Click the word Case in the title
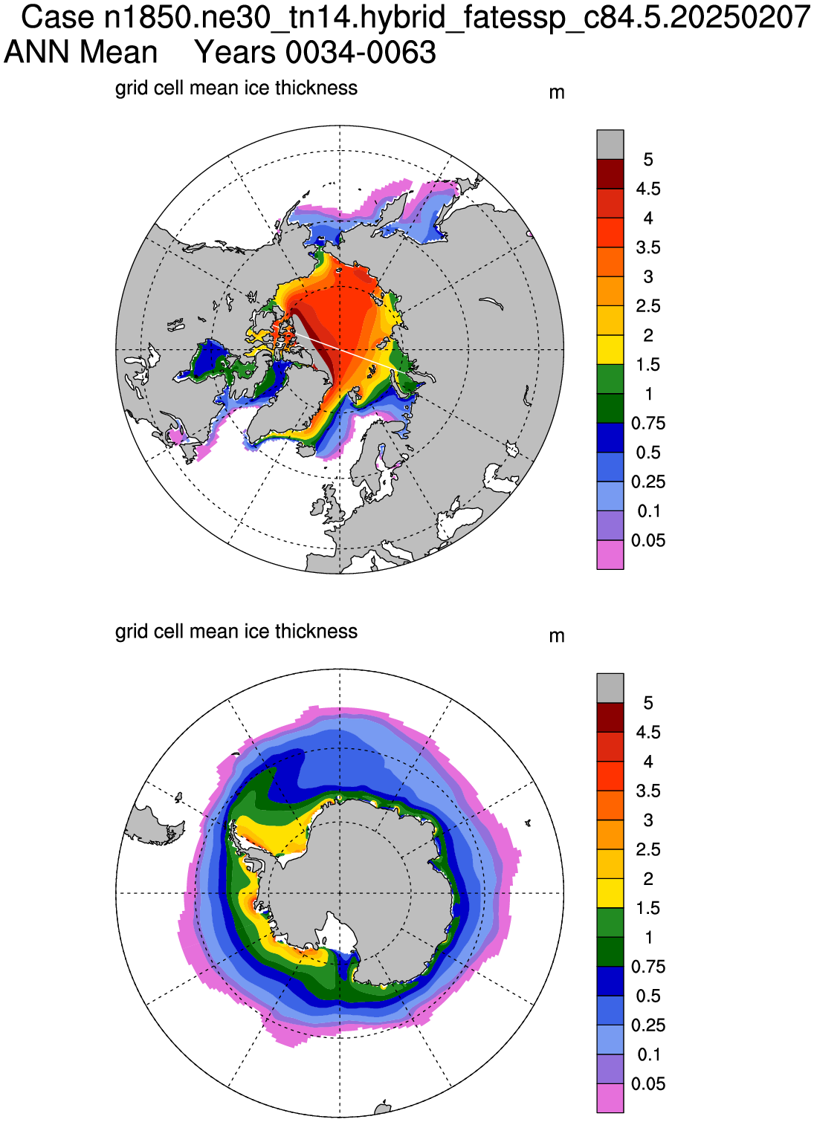coord(58,18)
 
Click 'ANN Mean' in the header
coord(81,52)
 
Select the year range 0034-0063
coord(361,52)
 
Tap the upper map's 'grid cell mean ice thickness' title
coord(236,88)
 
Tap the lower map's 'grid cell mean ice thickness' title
coord(236,632)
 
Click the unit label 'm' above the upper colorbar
coord(557,93)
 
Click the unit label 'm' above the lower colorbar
coord(557,637)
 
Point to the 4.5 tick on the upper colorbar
coord(648,189)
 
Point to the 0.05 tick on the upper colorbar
coord(648,540)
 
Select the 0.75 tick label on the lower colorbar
coord(648,967)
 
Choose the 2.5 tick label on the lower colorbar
coord(648,849)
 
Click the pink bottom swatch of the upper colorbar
coord(610,555)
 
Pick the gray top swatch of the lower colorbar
coord(610,688)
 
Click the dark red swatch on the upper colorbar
coord(610,174)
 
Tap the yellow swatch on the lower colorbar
coord(610,893)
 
